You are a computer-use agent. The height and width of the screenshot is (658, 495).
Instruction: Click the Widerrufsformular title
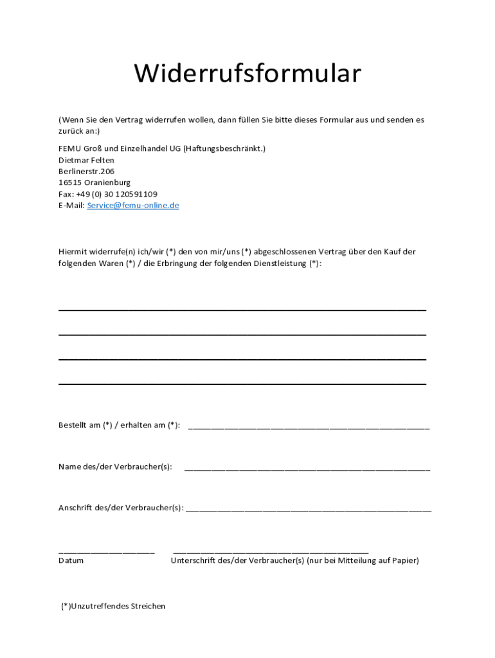248,75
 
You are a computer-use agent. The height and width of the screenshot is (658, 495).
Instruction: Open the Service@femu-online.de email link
132,206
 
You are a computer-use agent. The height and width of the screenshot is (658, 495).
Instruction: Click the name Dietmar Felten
86,160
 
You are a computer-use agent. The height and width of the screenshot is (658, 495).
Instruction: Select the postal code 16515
69,182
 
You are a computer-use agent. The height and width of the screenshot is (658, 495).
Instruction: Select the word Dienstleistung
280,263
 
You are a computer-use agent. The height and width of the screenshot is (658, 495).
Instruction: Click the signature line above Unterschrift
271,552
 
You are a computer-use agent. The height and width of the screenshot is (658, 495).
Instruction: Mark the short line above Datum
107,552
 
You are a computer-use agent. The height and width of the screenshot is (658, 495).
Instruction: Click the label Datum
71,560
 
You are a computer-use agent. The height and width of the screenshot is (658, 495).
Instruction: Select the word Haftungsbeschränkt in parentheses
224,148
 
